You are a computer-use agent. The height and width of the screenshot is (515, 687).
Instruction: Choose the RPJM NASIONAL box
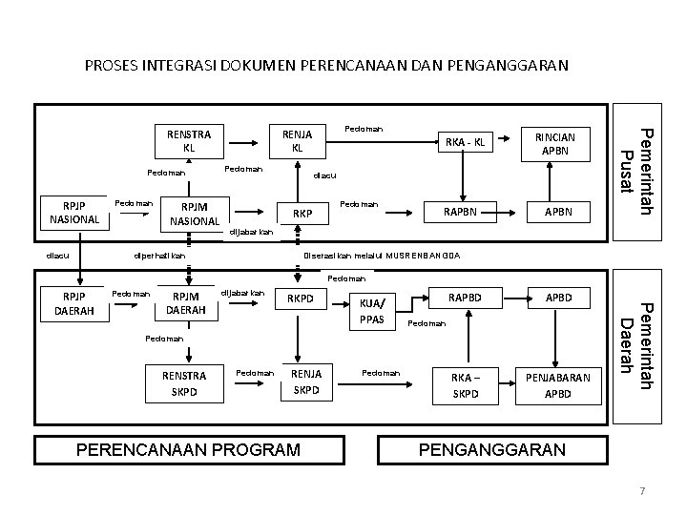coord(195,214)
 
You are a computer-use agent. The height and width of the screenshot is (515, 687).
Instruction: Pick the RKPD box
coord(301,299)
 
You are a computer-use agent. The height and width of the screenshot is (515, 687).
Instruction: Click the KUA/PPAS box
coord(373,310)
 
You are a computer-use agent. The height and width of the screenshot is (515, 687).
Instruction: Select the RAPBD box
coord(464,298)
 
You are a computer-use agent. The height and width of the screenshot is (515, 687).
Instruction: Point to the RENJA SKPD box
coord(306,383)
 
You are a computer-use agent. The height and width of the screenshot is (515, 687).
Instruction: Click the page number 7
coord(642,490)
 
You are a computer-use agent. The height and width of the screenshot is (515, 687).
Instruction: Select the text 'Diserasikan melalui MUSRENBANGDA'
coord(381,256)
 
